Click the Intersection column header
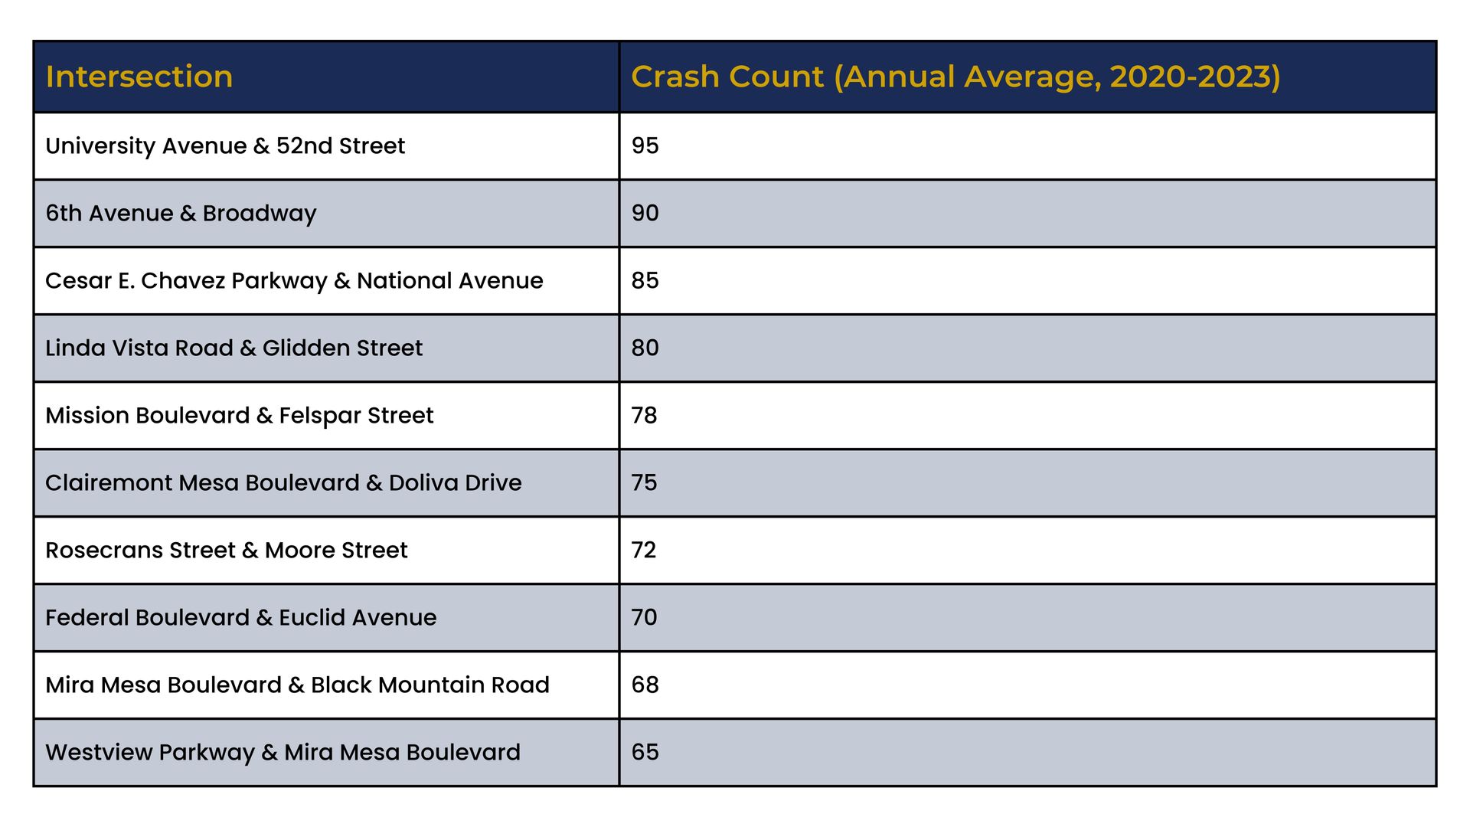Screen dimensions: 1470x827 pos(139,77)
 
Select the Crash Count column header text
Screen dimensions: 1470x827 pos(955,77)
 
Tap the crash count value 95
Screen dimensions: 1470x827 pos(645,145)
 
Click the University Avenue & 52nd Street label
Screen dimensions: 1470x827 pos(225,146)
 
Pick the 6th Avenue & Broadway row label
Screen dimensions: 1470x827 pos(181,214)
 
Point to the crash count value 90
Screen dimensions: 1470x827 pos(645,213)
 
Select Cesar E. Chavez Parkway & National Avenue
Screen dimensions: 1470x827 pos(294,281)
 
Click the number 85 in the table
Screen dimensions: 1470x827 pos(645,280)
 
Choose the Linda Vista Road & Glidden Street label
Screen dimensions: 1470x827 pos(234,348)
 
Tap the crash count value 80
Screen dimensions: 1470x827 pos(645,348)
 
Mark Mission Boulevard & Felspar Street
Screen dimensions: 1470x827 pos(239,416)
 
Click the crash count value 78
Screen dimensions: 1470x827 pos(644,415)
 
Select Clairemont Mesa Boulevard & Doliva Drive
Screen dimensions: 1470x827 pos(283,482)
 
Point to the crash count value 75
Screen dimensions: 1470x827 pos(644,482)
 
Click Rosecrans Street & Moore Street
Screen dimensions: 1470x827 pos(226,550)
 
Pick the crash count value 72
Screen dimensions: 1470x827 pos(644,550)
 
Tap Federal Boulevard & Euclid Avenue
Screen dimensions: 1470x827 pos(240,617)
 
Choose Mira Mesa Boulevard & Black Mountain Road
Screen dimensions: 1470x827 pos(297,685)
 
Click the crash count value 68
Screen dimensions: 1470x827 pos(645,685)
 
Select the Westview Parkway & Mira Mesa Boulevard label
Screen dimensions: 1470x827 pos(283,753)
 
